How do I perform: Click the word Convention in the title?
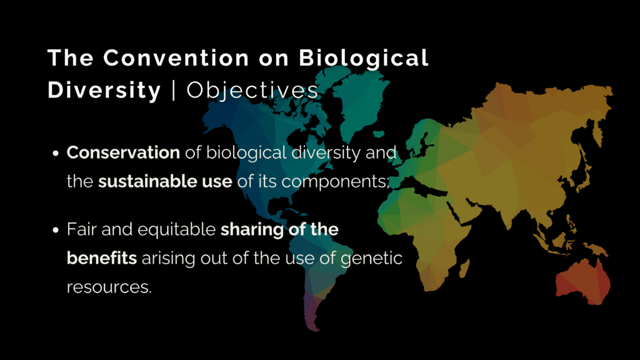[176, 57]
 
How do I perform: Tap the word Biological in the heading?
[364, 57]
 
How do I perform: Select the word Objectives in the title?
[252, 90]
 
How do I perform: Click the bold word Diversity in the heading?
[104, 90]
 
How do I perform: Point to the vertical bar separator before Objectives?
[174, 91]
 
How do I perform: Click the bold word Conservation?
[123, 152]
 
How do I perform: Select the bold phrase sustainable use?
[165, 181]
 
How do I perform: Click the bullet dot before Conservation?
[56, 154]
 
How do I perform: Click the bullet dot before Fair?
[56, 230]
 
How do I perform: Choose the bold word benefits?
[102, 258]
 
